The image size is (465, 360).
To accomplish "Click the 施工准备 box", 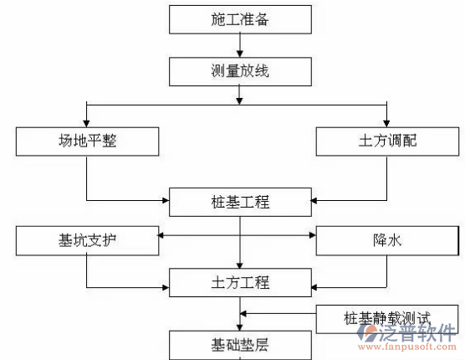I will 241,18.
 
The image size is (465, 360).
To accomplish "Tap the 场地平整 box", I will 87,141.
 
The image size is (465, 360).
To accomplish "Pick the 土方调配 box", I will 386,141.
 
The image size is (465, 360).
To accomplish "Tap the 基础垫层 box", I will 241,343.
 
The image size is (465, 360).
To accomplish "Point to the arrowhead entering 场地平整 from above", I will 87,122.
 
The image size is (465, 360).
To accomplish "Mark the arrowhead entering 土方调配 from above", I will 386,122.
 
